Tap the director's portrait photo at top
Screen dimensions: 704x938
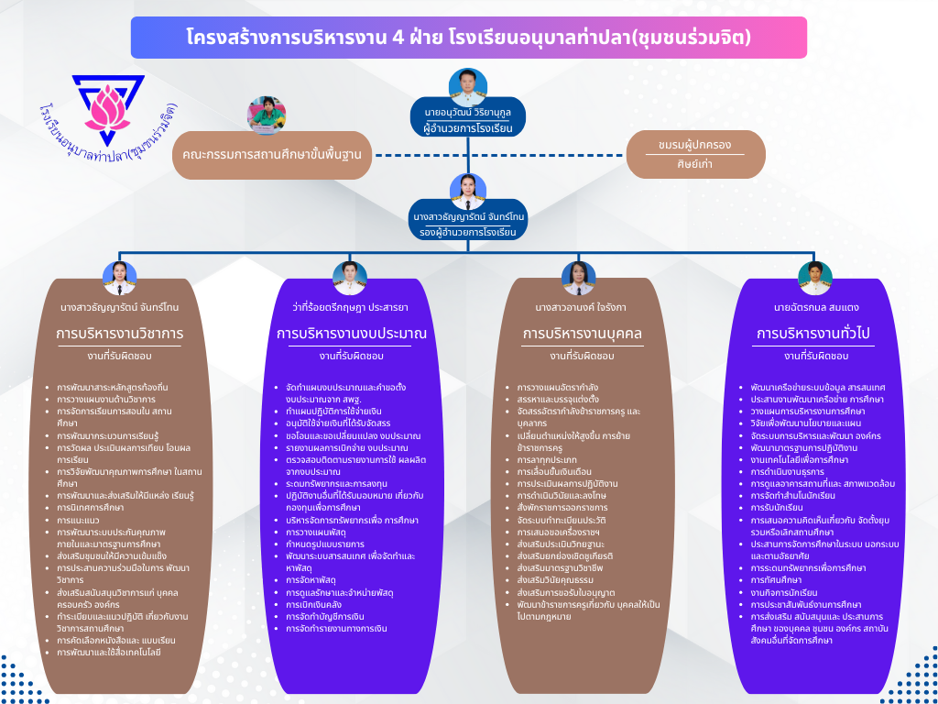468,86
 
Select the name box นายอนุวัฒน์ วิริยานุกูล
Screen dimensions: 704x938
468,115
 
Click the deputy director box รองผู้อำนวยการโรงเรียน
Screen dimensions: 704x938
467,225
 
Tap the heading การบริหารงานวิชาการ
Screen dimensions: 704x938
120,333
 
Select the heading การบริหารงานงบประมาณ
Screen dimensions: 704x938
352,333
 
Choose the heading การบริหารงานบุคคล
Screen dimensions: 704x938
582,333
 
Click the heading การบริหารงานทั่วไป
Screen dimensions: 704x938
815,333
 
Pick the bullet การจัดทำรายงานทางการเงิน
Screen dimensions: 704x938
336,629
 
